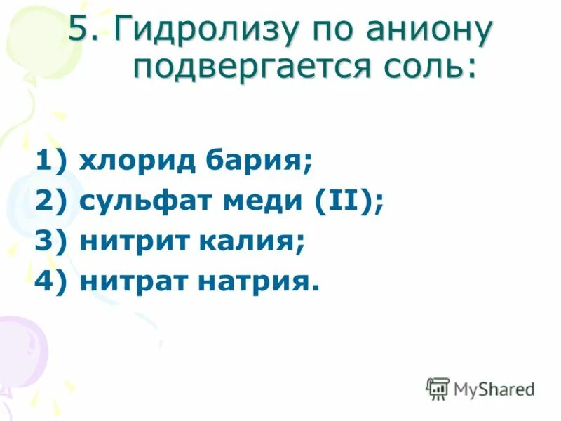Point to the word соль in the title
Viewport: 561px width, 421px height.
point(435,68)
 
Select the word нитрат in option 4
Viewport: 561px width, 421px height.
point(135,282)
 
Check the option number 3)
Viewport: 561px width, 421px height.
point(52,243)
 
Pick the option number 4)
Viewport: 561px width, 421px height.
point(52,282)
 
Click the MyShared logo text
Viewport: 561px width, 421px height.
point(494,388)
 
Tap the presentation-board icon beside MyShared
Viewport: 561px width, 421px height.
point(438,388)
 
